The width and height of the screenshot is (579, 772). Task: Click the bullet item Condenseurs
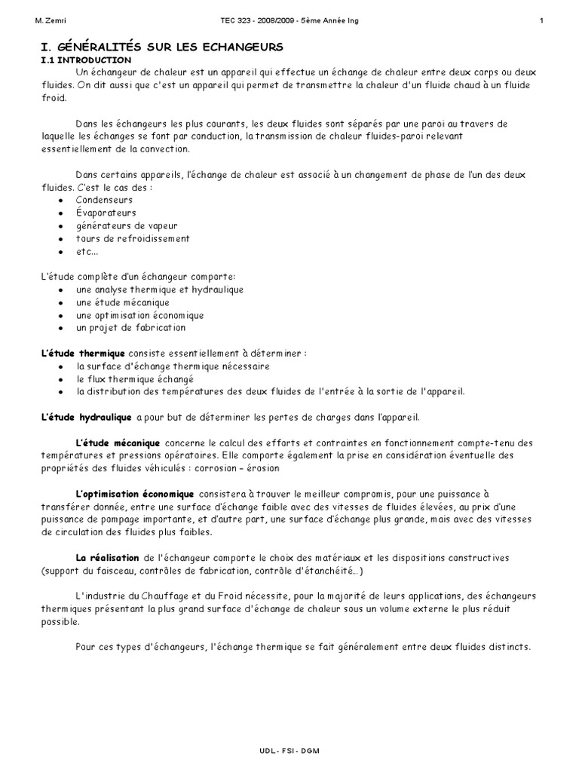(104, 200)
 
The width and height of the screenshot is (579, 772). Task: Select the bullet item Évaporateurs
(106, 213)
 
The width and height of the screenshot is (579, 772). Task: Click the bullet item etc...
(87, 251)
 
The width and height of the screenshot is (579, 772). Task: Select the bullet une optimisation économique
(139, 315)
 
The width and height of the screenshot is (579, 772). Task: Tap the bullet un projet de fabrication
(130, 328)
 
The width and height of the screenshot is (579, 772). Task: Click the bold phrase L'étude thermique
(81, 354)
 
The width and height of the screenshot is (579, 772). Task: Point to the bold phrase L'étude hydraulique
(85, 417)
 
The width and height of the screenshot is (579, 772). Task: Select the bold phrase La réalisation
(108, 557)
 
